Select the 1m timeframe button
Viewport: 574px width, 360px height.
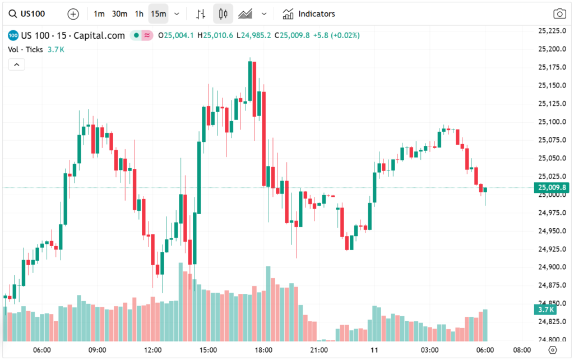[99, 13]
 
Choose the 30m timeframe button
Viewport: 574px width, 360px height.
[119, 13]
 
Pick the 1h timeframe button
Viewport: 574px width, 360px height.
[139, 13]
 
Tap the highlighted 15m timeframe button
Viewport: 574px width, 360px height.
[159, 13]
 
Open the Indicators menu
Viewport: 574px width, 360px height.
[309, 13]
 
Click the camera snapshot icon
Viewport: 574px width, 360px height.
[559, 14]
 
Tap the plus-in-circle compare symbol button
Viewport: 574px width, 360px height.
[73, 13]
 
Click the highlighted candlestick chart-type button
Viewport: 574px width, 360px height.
[223, 13]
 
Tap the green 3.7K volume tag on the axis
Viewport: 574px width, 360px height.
[547, 310]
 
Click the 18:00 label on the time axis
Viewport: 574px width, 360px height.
[263, 350]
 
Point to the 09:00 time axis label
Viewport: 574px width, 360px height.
[98, 350]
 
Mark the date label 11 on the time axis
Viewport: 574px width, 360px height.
[374, 350]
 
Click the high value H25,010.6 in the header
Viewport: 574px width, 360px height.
[218, 35]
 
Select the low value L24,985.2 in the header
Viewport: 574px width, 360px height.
[253, 35]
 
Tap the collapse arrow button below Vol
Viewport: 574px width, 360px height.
[16, 65]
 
